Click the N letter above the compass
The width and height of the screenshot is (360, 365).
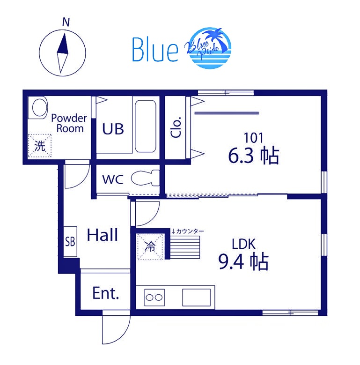click(x=66, y=22)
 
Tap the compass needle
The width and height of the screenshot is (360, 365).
click(x=62, y=53)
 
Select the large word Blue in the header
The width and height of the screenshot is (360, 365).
click(x=155, y=49)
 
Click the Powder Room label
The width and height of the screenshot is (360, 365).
click(x=69, y=123)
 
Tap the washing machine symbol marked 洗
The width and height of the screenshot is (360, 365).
click(x=40, y=146)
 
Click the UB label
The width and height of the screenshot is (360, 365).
click(x=113, y=129)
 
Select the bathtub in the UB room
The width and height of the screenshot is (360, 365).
click(x=146, y=126)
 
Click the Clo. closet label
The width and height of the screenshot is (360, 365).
click(x=176, y=127)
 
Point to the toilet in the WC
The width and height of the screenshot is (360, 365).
click(x=145, y=178)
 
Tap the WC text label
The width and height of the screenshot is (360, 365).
click(x=113, y=179)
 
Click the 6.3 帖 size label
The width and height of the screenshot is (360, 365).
click(x=253, y=156)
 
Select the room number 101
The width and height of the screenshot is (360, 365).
click(x=253, y=138)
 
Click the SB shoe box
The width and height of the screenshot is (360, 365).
click(x=70, y=242)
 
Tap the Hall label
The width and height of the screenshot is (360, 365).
click(x=103, y=235)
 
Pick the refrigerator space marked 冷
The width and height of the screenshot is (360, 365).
click(x=150, y=246)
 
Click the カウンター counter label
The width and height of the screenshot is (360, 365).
click(x=188, y=231)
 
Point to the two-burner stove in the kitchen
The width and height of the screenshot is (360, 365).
click(x=154, y=297)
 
